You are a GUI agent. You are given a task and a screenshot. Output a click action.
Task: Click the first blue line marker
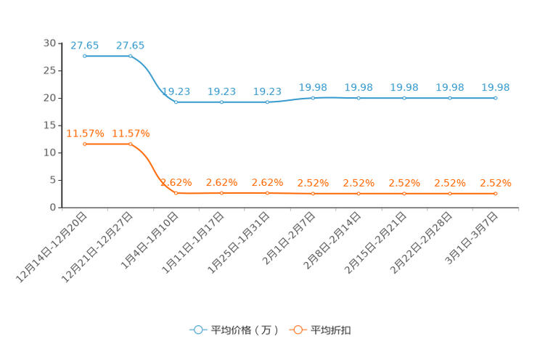point(85,56)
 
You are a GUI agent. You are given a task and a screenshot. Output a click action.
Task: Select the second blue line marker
point(131,56)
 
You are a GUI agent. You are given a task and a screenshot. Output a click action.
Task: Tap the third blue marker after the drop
point(176,102)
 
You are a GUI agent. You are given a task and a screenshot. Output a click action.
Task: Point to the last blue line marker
point(496,98)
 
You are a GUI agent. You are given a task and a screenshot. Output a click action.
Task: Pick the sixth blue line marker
point(313,98)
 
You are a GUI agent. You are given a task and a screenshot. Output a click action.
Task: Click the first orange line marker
point(85,144)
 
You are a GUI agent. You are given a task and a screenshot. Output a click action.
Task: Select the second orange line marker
point(131,144)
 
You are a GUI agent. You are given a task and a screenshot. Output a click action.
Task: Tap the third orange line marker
point(176,193)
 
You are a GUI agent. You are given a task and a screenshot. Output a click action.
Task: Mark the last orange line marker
point(496,194)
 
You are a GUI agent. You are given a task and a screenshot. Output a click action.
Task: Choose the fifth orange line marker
point(268,193)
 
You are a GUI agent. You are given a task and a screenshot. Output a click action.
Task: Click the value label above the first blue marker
point(85,45)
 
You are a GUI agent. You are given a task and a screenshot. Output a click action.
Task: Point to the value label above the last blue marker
point(496,87)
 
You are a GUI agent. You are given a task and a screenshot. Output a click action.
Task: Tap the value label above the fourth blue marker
point(221,91)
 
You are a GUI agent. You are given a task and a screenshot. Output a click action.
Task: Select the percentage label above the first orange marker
point(85,133)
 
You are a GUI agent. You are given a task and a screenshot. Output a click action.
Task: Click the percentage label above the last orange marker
point(496,183)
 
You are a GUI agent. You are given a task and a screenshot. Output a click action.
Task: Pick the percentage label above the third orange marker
point(176,182)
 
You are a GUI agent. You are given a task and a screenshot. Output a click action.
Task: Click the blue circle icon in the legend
point(197,330)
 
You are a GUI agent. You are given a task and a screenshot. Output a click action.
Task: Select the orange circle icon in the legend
point(298,330)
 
